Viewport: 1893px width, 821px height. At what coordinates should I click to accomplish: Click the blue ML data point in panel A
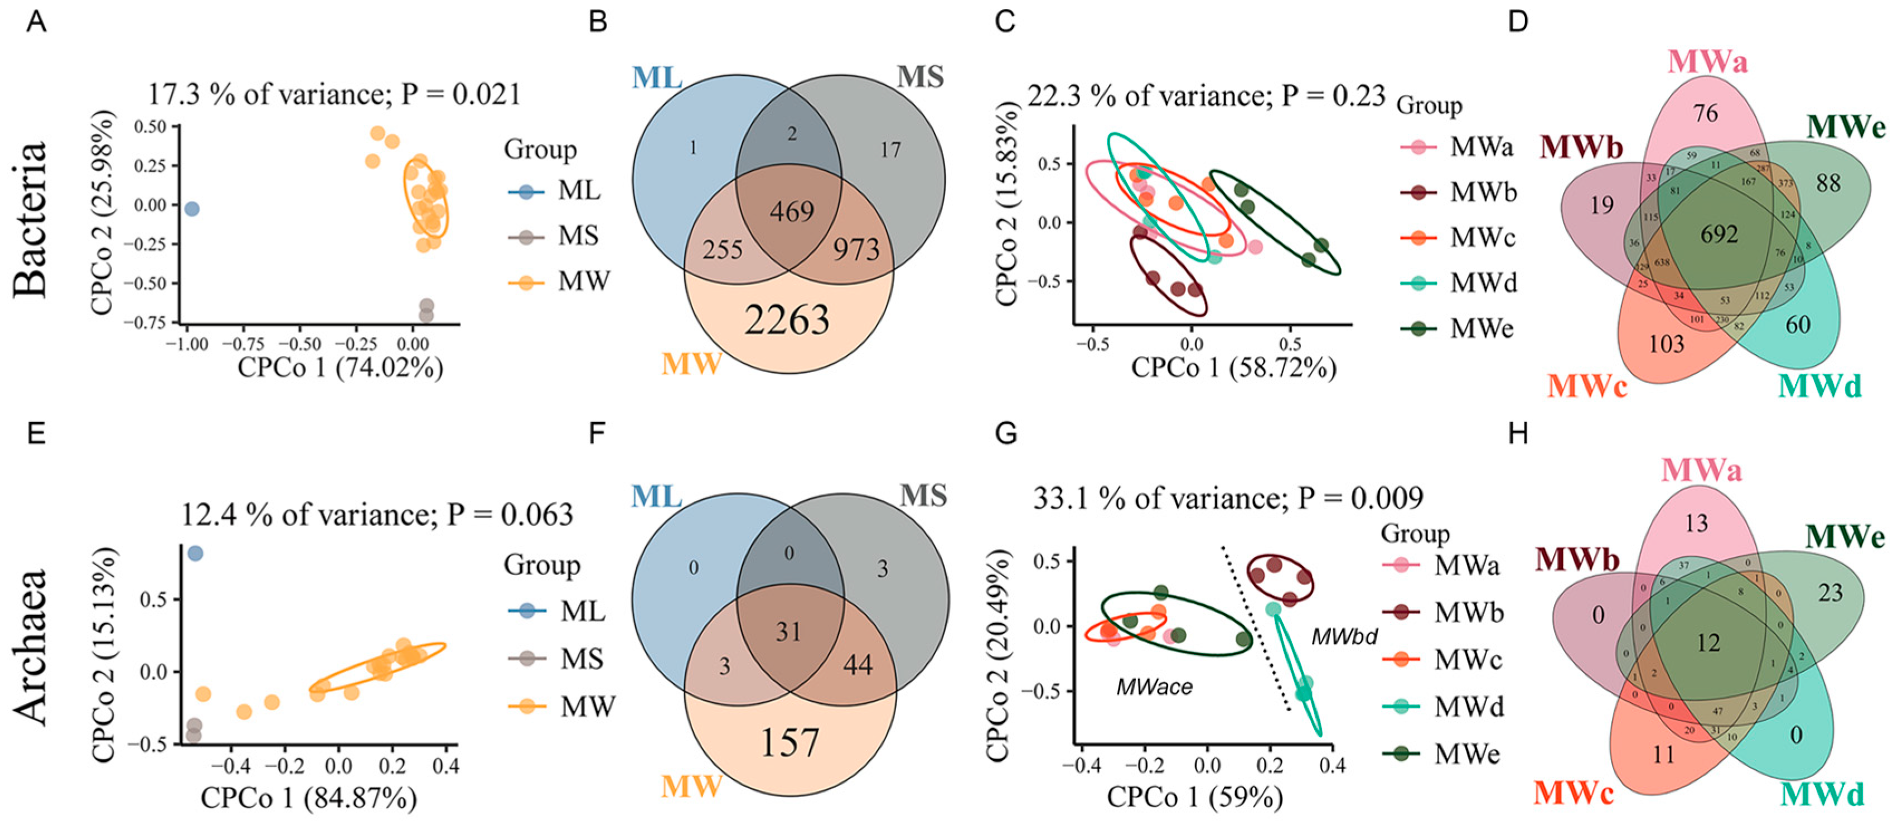pyautogui.click(x=192, y=210)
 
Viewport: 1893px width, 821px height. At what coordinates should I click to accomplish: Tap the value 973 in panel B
pyautogui.click(x=856, y=250)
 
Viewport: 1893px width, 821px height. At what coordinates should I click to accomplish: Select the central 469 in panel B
pyautogui.click(x=791, y=212)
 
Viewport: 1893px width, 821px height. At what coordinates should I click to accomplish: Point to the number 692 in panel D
pyautogui.click(x=1719, y=234)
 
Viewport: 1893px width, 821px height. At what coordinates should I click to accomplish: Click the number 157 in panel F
pyautogui.click(x=789, y=742)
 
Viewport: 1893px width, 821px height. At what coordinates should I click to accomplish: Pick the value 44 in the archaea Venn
pyautogui.click(x=858, y=665)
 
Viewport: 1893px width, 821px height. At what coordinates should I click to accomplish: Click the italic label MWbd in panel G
pyautogui.click(x=1344, y=636)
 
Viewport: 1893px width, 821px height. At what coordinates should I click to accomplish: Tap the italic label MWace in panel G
pyautogui.click(x=1154, y=687)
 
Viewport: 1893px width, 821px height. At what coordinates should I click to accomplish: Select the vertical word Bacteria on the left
pyautogui.click(x=31, y=219)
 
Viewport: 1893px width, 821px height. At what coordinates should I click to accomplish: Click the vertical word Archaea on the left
pyautogui.click(x=31, y=647)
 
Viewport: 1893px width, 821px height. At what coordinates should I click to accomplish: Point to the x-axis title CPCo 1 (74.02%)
pyautogui.click(x=340, y=367)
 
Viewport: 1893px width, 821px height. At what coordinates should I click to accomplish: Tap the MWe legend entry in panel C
pyautogui.click(x=1482, y=329)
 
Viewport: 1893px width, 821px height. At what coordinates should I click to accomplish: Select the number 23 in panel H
pyautogui.click(x=1831, y=592)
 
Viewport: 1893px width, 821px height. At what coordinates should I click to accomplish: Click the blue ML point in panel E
pyautogui.click(x=195, y=553)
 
